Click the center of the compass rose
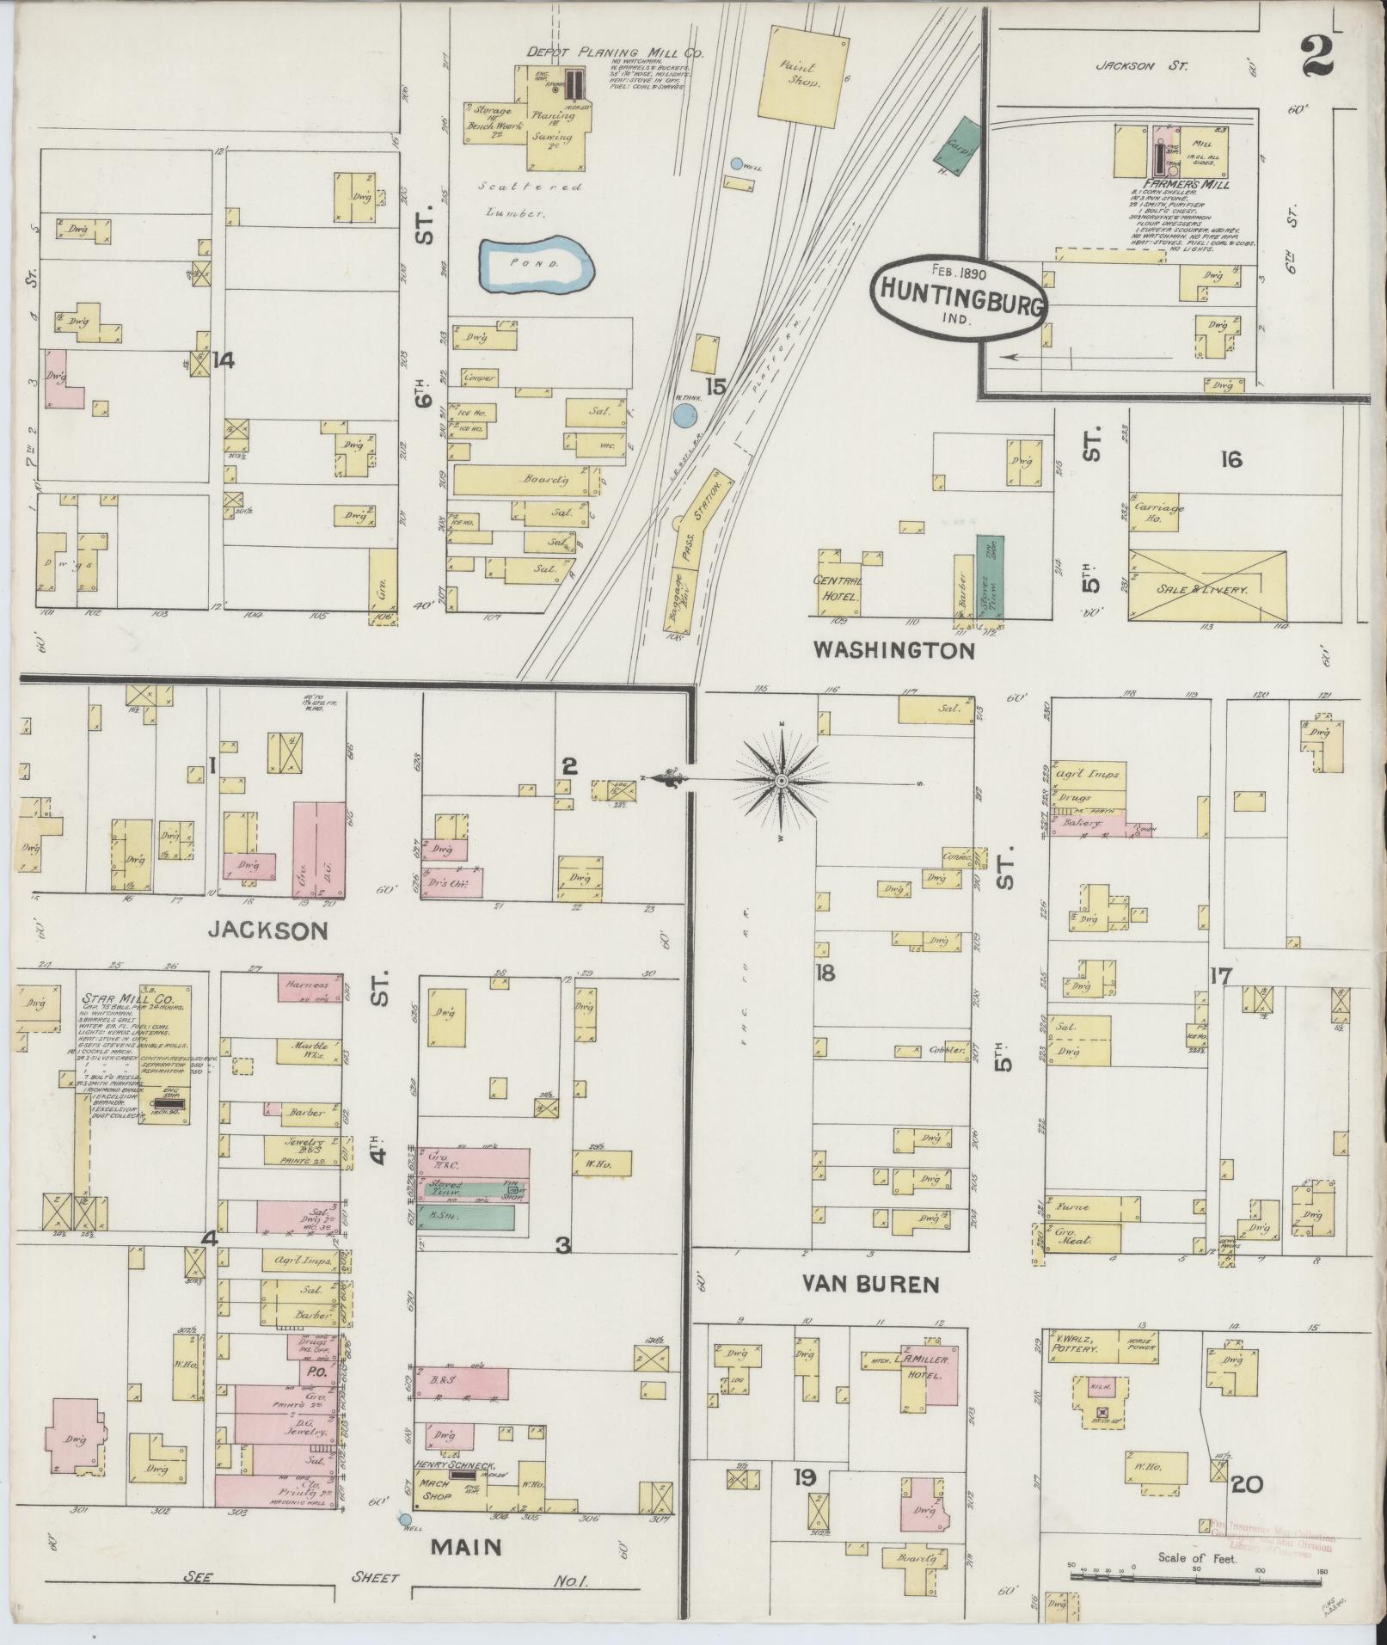(x=782, y=780)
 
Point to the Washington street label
(x=894, y=651)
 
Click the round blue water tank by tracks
(x=684, y=416)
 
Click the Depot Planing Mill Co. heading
(x=615, y=52)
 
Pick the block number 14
(x=223, y=360)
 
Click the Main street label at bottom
(x=466, y=1546)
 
